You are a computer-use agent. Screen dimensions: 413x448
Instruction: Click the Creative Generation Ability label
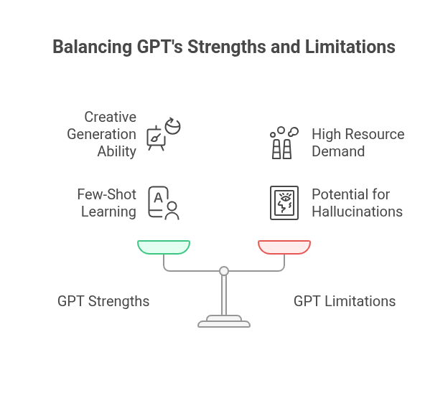(x=101, y=134)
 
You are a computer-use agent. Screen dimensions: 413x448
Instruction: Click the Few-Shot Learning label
(x=106, y=203)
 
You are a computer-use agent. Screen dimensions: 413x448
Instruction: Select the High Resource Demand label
(x=358, y=143)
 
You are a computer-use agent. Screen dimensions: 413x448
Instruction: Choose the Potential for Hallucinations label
(x=357, y=203)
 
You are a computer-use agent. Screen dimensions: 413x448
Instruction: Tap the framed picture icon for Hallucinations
(x=284, y=203)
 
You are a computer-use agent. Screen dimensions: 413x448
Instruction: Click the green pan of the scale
(x=164, y=247)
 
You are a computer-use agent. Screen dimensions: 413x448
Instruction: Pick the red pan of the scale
(x=284, y=247)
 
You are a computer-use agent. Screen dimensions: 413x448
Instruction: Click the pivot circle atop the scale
(x=224, y=270)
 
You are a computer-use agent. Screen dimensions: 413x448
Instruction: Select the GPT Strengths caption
(x=103, y=301)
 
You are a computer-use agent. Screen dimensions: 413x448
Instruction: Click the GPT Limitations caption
(x=345, y=301)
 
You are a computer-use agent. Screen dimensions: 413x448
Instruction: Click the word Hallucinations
(x=357, y=212)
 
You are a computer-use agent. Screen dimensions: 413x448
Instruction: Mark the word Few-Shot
(x=107, y=194)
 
